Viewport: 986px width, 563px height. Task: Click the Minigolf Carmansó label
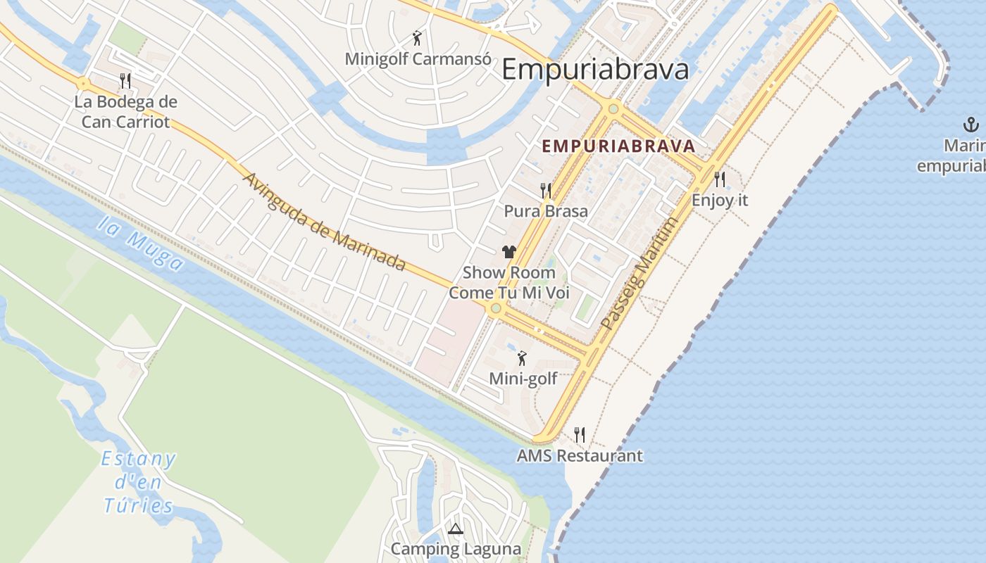(418, 58)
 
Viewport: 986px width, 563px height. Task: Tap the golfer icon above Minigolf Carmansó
(417, 38)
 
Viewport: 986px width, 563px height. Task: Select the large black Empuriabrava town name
(595, 70)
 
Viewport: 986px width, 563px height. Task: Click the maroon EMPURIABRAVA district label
(618, 146)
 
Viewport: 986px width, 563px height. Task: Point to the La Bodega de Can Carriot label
(125, 112)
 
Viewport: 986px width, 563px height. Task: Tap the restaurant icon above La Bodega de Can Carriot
(125, 80)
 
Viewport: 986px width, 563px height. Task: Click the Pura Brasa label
(546, 210)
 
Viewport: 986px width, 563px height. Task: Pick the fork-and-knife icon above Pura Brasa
(546, 190)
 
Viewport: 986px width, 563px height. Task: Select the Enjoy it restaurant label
(720, 200)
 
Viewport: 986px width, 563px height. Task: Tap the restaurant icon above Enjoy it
(720, 179)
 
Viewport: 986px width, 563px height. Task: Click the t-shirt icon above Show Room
(509, 252)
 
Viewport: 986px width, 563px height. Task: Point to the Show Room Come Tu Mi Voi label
(509, 282)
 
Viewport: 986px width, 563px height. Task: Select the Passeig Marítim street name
(640, 274)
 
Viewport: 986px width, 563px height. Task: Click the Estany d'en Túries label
(139, 482)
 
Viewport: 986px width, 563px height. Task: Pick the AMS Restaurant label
(580, 455)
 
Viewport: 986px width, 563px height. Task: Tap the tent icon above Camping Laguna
(455, 529)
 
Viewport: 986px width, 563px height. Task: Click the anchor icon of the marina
(971, 126)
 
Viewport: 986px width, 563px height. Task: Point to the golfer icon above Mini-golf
(522, 358)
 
